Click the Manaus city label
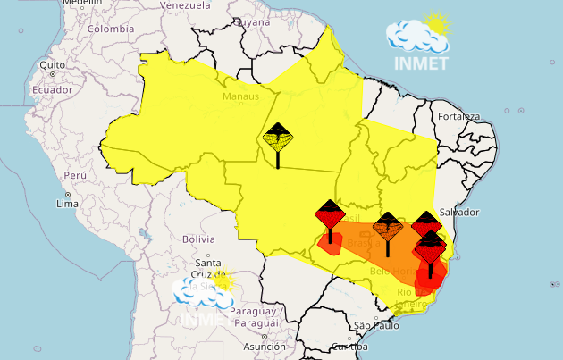(241, 96)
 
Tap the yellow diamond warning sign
(278, 138)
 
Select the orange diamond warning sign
(388, 227)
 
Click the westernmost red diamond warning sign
(330, 215)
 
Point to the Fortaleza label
(458, 117)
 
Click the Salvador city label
(459, 212)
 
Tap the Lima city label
(69, 205)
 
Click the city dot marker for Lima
(68, 194)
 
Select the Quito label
(53, 65)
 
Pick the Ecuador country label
(52, 89)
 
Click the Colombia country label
(111, 28)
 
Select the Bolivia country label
(199, 239)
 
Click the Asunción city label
(265, 347)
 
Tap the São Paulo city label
(375, 325)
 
